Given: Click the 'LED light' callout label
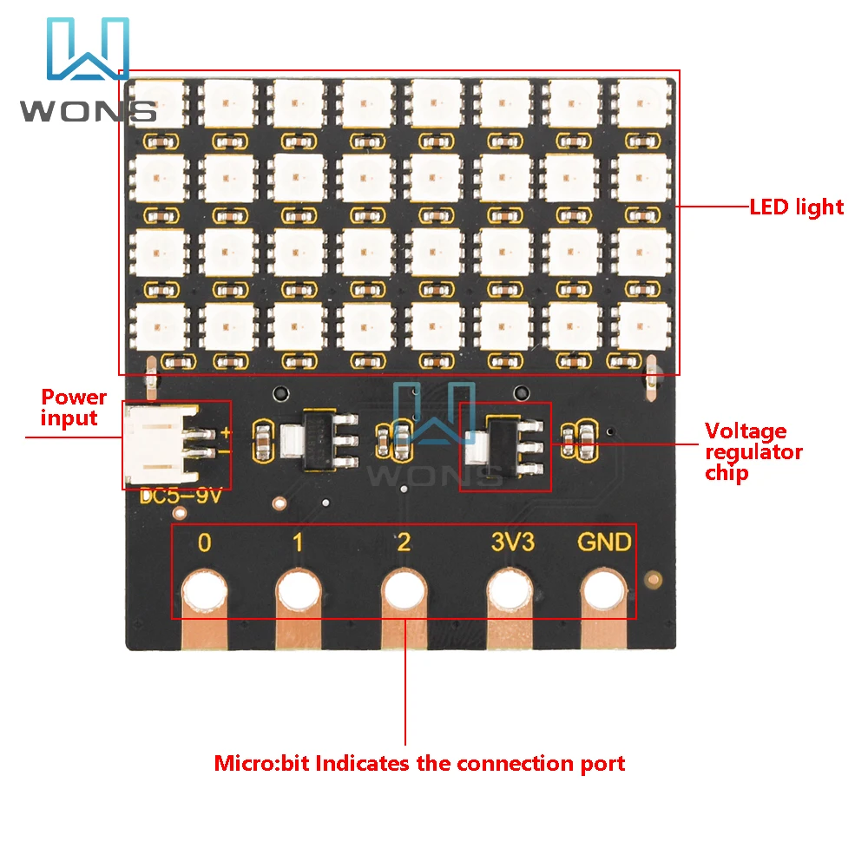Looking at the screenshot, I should pos(796,207).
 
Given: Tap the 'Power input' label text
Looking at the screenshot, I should pos(75,408).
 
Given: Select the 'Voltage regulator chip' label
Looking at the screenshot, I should pos(753,451).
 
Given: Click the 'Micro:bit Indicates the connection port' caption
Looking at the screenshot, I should pos(419,764).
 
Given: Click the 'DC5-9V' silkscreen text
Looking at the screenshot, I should pos(181,498).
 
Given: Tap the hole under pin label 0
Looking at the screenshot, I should pos(206,594).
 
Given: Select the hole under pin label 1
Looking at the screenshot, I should pos(299,594).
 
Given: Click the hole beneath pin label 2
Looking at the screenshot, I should pos(404,594).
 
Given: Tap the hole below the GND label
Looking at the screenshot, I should pos(605,594).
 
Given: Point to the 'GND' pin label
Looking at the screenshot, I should pos(605,543).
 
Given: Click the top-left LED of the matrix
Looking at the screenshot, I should pos(158,103).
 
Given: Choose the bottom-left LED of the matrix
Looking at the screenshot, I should pos(158,326).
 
